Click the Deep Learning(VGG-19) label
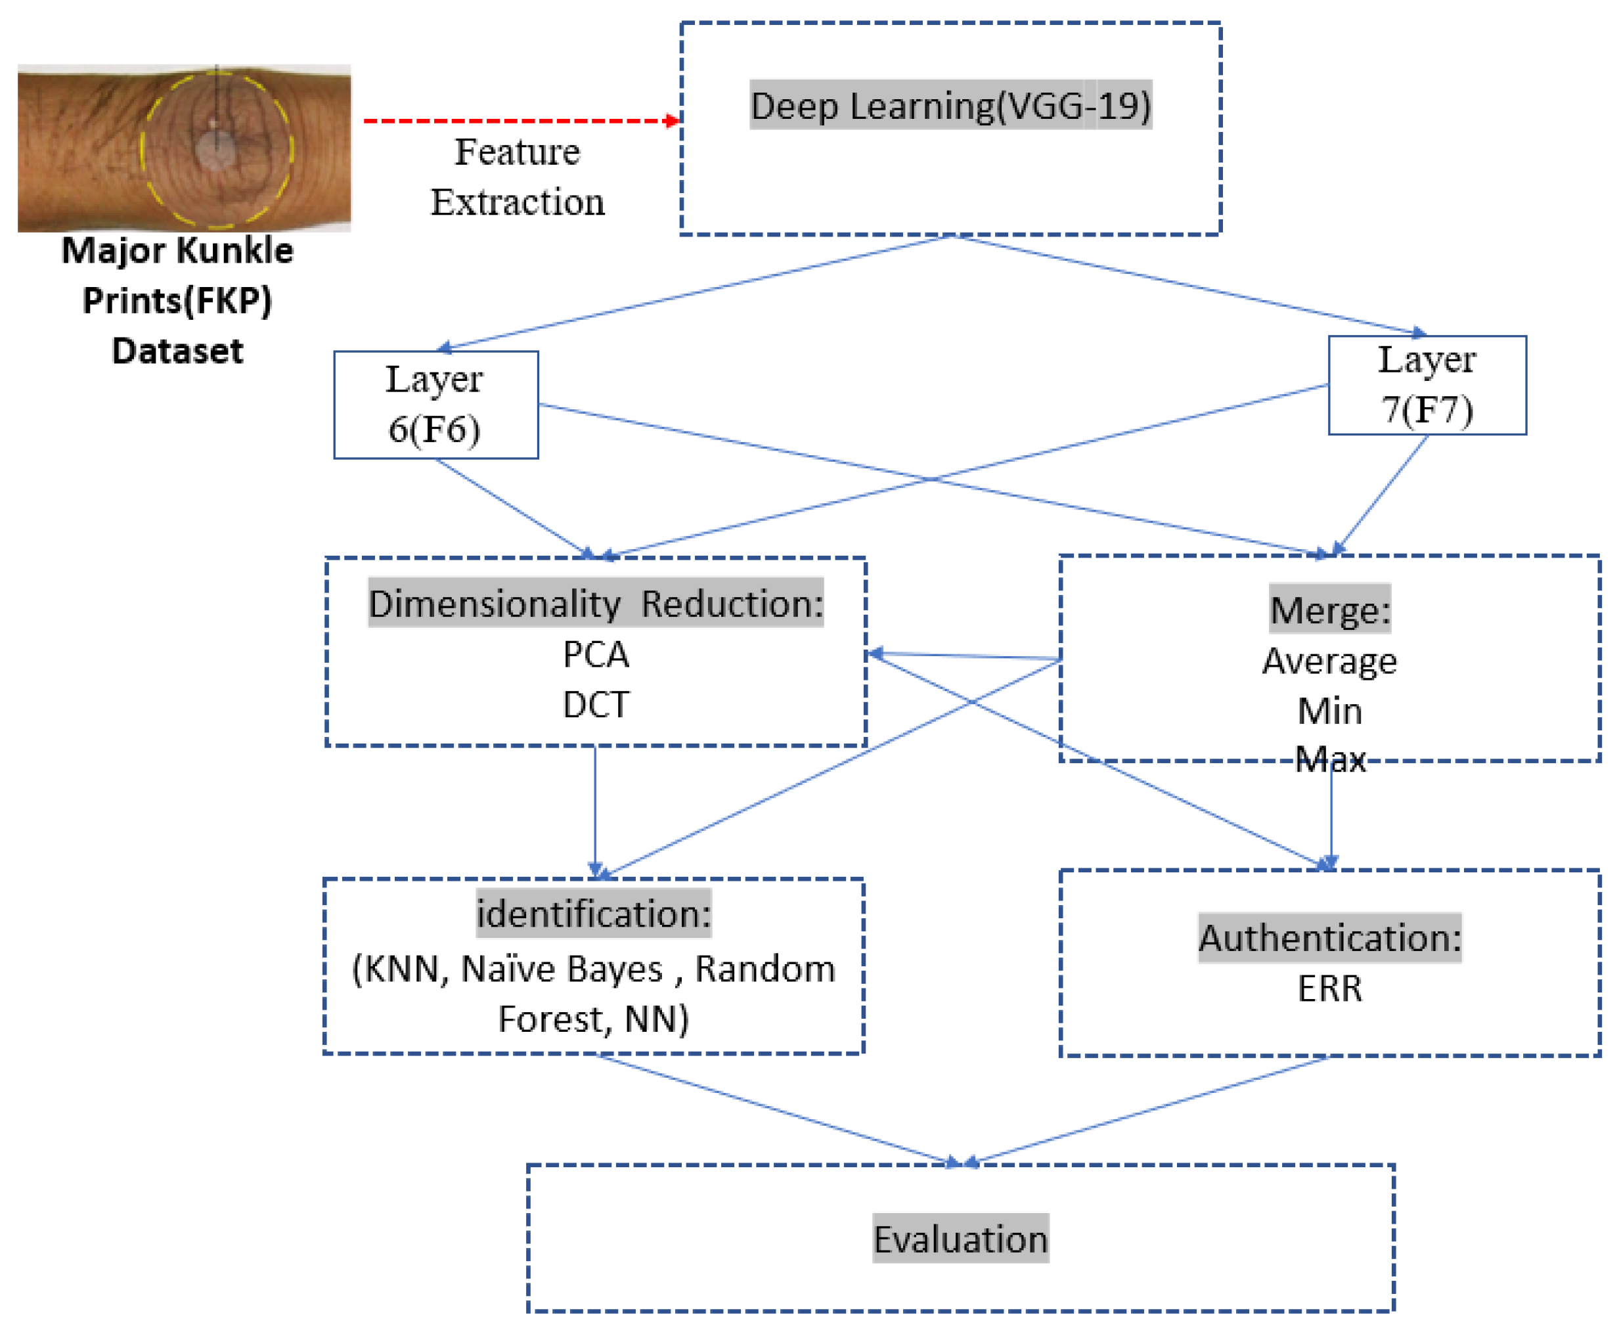[x=950, y=105]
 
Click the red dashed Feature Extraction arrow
[x=520, y=121]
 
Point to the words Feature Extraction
[x=517, y=177]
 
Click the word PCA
[x=596, y=655]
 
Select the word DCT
[x=596, y=704]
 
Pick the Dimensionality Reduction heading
[x=596, y=603]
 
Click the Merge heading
[x=1329, y=610]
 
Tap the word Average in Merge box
[x=1329, y=661]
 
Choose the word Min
[x=1329, y=711]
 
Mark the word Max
[x=1329, y=759]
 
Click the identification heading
[x=593, y=914]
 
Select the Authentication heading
[x=1329, y=937]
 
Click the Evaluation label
[x=960, y=1239]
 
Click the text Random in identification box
[x=765, y=969]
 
